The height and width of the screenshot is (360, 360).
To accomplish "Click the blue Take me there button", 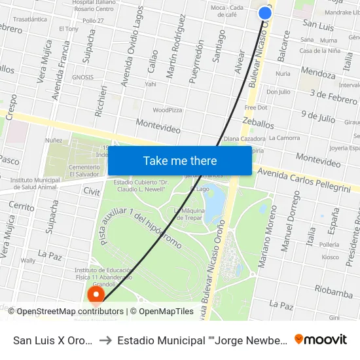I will pyautogui.click(x=180, y=161).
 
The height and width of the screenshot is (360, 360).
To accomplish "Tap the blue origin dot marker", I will pyautogui.click(x=265, y=12).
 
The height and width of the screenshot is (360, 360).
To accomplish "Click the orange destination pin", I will pyautogui.click(x=96, y=296).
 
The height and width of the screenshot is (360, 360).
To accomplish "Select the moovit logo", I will pyautogui.click(x=321, y=339).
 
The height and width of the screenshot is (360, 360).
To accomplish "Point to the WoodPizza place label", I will pyautogui.click(x=168, y=110).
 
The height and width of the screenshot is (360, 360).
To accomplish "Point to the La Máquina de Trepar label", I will pyautogui.click(x=189, y=214).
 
